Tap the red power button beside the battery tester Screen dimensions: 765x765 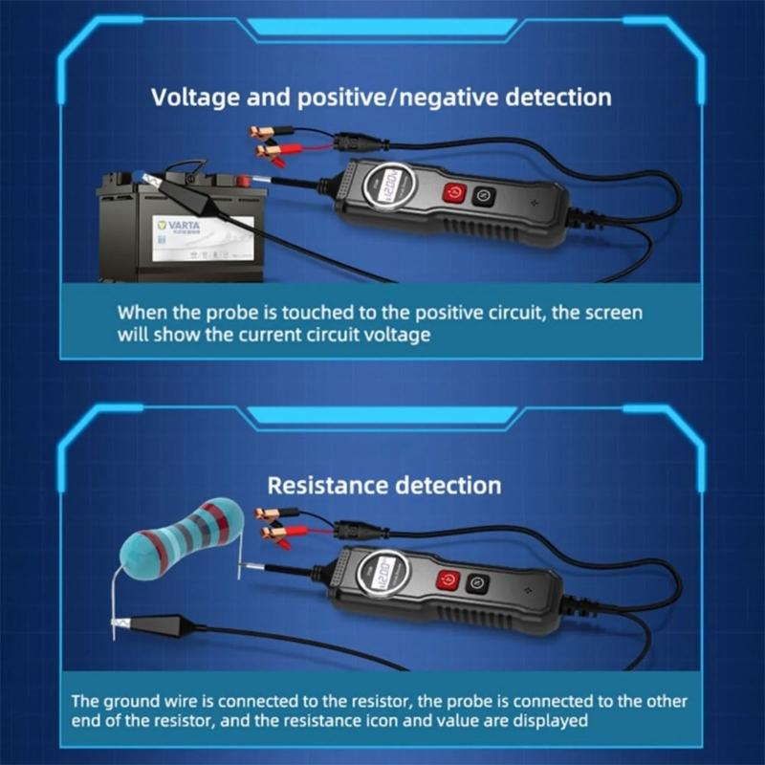453,191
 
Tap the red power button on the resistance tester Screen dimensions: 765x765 447,581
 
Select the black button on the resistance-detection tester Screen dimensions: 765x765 476,580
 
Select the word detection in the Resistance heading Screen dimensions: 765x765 448,485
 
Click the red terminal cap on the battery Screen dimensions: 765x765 243,179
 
